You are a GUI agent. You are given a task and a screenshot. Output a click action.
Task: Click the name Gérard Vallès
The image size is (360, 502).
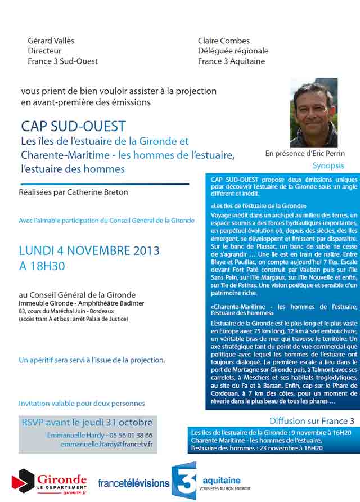51,41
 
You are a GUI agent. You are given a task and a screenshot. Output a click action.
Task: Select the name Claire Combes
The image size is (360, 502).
224,41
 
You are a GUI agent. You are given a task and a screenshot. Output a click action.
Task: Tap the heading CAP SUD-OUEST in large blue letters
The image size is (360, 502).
73,125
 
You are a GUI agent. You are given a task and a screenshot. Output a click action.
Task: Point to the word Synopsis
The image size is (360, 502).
328,166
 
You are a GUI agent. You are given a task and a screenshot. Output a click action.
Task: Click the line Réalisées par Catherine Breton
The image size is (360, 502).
73,192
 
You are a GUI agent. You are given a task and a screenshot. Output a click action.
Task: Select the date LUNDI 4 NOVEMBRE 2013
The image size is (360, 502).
89,250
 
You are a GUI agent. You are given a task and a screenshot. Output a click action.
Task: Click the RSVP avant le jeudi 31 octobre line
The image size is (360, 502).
87,423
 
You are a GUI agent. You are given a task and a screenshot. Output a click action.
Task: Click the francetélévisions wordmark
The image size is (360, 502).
133,483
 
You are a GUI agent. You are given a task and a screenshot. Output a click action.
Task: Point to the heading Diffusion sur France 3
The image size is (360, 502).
312,420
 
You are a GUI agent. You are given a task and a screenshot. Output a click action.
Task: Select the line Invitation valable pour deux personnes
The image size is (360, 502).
82,404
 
